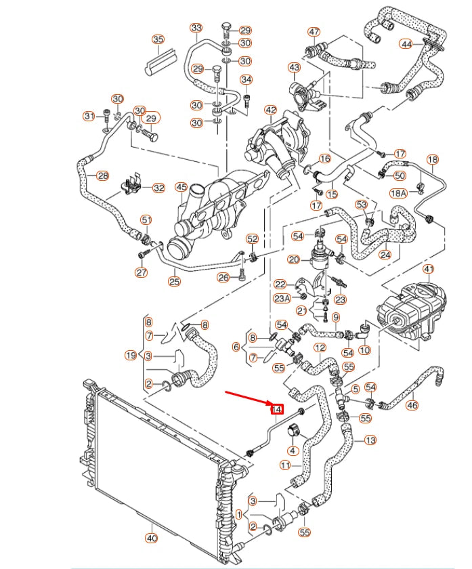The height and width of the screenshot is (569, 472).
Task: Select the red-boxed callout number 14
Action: coord(276,408)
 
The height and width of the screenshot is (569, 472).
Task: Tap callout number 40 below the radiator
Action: coord(151,539)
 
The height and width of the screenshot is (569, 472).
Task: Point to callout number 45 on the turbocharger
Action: coord(181,187)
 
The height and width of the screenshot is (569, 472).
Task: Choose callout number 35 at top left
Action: coord(158,39)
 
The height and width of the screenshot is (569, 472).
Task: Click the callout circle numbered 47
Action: coord(314,32)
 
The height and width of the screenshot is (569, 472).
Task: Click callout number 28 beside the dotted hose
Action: coord(102,176)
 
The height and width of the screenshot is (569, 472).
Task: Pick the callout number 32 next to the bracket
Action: coord(158,188)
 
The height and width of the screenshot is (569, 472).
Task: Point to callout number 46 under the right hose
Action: coord(412,406)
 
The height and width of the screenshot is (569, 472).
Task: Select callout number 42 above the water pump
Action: coord(270,110)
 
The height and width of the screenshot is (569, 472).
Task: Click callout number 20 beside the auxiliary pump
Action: coord(293,259)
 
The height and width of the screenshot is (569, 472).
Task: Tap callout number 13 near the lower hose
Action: coord(370,440)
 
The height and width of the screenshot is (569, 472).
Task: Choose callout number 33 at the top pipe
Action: coord(196,28)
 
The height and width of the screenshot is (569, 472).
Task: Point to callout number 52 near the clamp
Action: coord(252,238)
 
